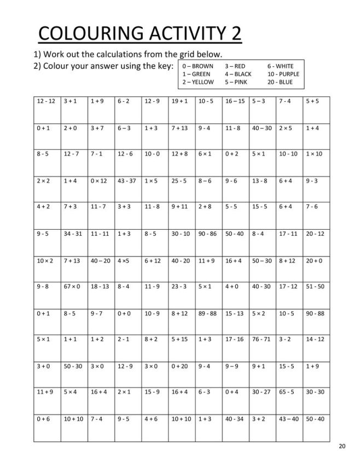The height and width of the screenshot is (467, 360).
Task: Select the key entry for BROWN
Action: [199, 66]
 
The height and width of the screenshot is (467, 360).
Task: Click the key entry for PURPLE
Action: [283, 74]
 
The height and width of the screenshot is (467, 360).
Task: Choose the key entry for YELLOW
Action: [199, 82]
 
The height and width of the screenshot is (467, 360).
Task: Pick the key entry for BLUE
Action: [280, 82]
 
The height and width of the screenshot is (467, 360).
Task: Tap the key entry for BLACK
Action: [239, 74]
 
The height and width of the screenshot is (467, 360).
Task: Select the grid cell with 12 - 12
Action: [47, 109]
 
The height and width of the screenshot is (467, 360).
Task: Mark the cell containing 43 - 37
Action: [127, 189]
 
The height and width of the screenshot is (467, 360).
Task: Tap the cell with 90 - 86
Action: [208, 242]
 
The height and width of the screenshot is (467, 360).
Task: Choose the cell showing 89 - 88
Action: [208, 322]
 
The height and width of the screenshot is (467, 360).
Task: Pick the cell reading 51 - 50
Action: [316, 295]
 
